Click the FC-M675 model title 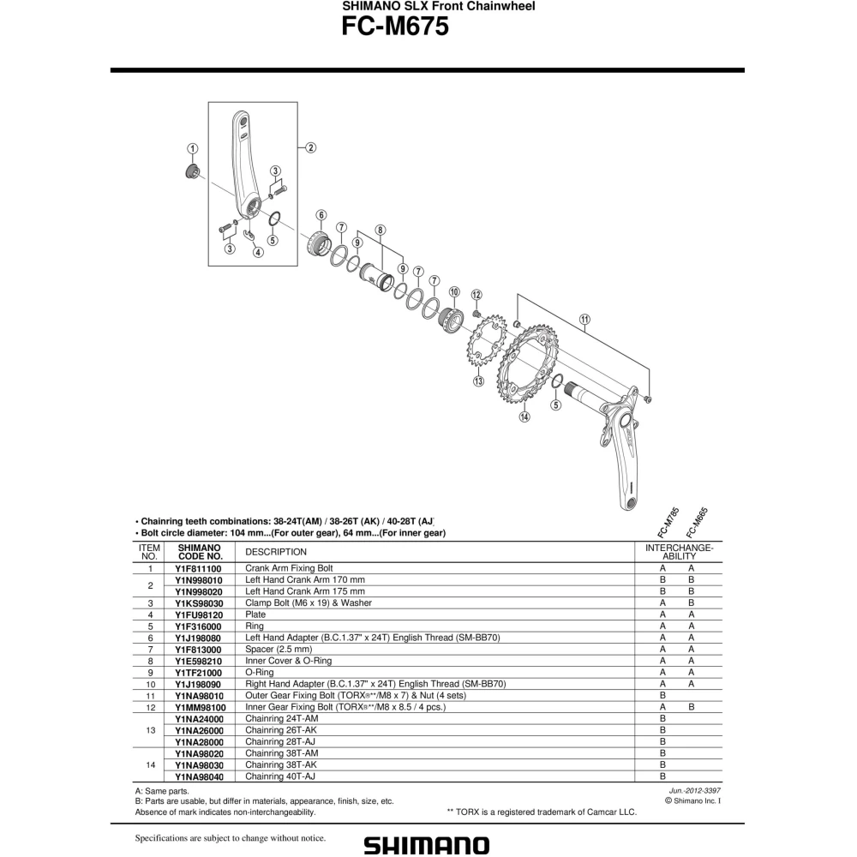[x=394, y=27]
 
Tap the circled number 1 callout [x=192, y=148]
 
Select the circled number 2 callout [x=310, y=147]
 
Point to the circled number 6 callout [x=321, y=215]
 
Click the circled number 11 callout [x=584, y=320]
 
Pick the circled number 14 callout [x=524, y=417]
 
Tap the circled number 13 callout [x=478, y=381]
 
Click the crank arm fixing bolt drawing [x=192, y=171]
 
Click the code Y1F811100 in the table [x=199, y=569]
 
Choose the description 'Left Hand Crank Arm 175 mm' [x=304, y=591]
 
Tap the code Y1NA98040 [x=199, y=776]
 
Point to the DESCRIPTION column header [x=276, y=552]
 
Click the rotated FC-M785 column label [x=669, y=523]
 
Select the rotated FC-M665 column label [x=698, y=523]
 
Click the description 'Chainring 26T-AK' [x=281, y=730]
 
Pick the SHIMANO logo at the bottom [x=427, y=845]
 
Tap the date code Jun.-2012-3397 [x=695, y=790]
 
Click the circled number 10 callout [x=454, y=292]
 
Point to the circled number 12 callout [x=476, y=295]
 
